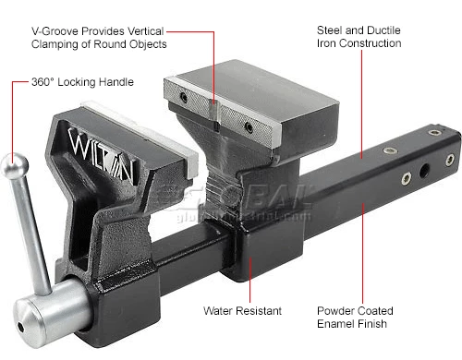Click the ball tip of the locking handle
[15, 166]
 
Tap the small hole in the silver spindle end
[20, 328]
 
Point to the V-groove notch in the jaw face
[214, 113]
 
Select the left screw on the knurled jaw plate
[184, 98]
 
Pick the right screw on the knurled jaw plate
[249, 127]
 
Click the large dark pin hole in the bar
[425, 171]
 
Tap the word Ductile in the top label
[383, 30]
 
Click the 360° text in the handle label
[43, 82]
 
